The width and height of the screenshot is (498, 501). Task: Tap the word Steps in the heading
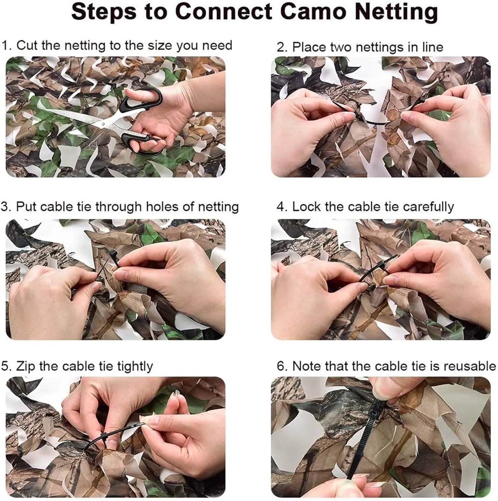coord(104,12)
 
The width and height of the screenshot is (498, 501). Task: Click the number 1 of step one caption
coord(4,45)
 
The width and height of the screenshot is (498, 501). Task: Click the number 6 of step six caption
coord(282,366)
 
